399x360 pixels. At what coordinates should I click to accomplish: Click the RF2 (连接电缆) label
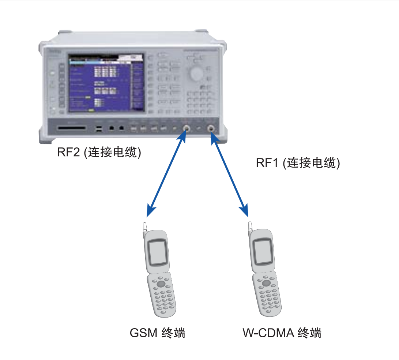pos(99,152)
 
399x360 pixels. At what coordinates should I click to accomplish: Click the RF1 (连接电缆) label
pos(298,163)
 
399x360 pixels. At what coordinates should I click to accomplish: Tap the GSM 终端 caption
pos(158,333)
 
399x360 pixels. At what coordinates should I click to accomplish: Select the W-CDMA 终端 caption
pos(282,333)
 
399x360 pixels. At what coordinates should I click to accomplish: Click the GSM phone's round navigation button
pos(161,284)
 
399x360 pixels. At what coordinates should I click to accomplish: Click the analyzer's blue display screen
pos(106,83)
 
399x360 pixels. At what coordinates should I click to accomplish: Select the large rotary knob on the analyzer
pos(196,74)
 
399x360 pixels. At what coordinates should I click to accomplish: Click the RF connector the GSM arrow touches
pos(187,128)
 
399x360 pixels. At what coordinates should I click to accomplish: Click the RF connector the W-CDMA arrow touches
pos(211,128)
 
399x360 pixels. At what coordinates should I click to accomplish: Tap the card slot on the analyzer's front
pos(72,128)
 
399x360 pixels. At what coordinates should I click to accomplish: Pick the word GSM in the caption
pos(143,333)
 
